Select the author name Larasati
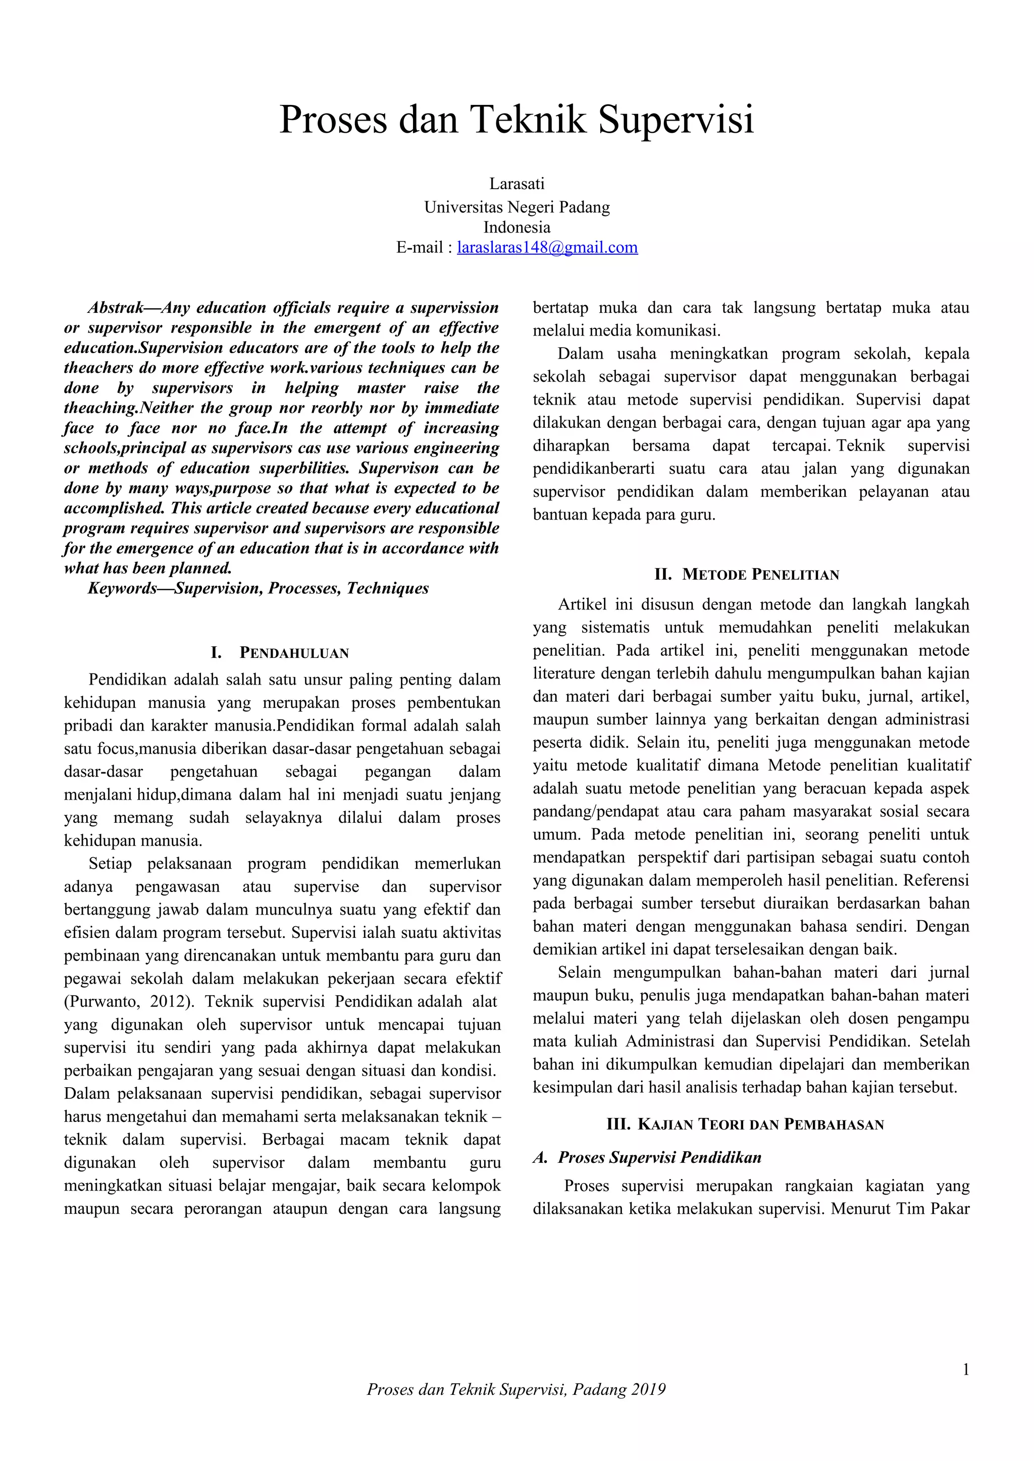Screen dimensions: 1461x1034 516,184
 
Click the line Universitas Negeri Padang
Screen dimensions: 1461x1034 516,207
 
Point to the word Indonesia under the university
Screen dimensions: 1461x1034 516,227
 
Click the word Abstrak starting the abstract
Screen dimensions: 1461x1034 115,308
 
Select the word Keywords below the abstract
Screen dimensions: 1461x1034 122,589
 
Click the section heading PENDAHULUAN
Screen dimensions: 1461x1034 294,653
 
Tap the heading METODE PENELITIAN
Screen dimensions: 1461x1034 760,575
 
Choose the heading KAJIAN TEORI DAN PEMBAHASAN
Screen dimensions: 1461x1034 760,1125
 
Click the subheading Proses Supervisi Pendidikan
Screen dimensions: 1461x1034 659,1157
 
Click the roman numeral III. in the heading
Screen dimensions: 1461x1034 617,1125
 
